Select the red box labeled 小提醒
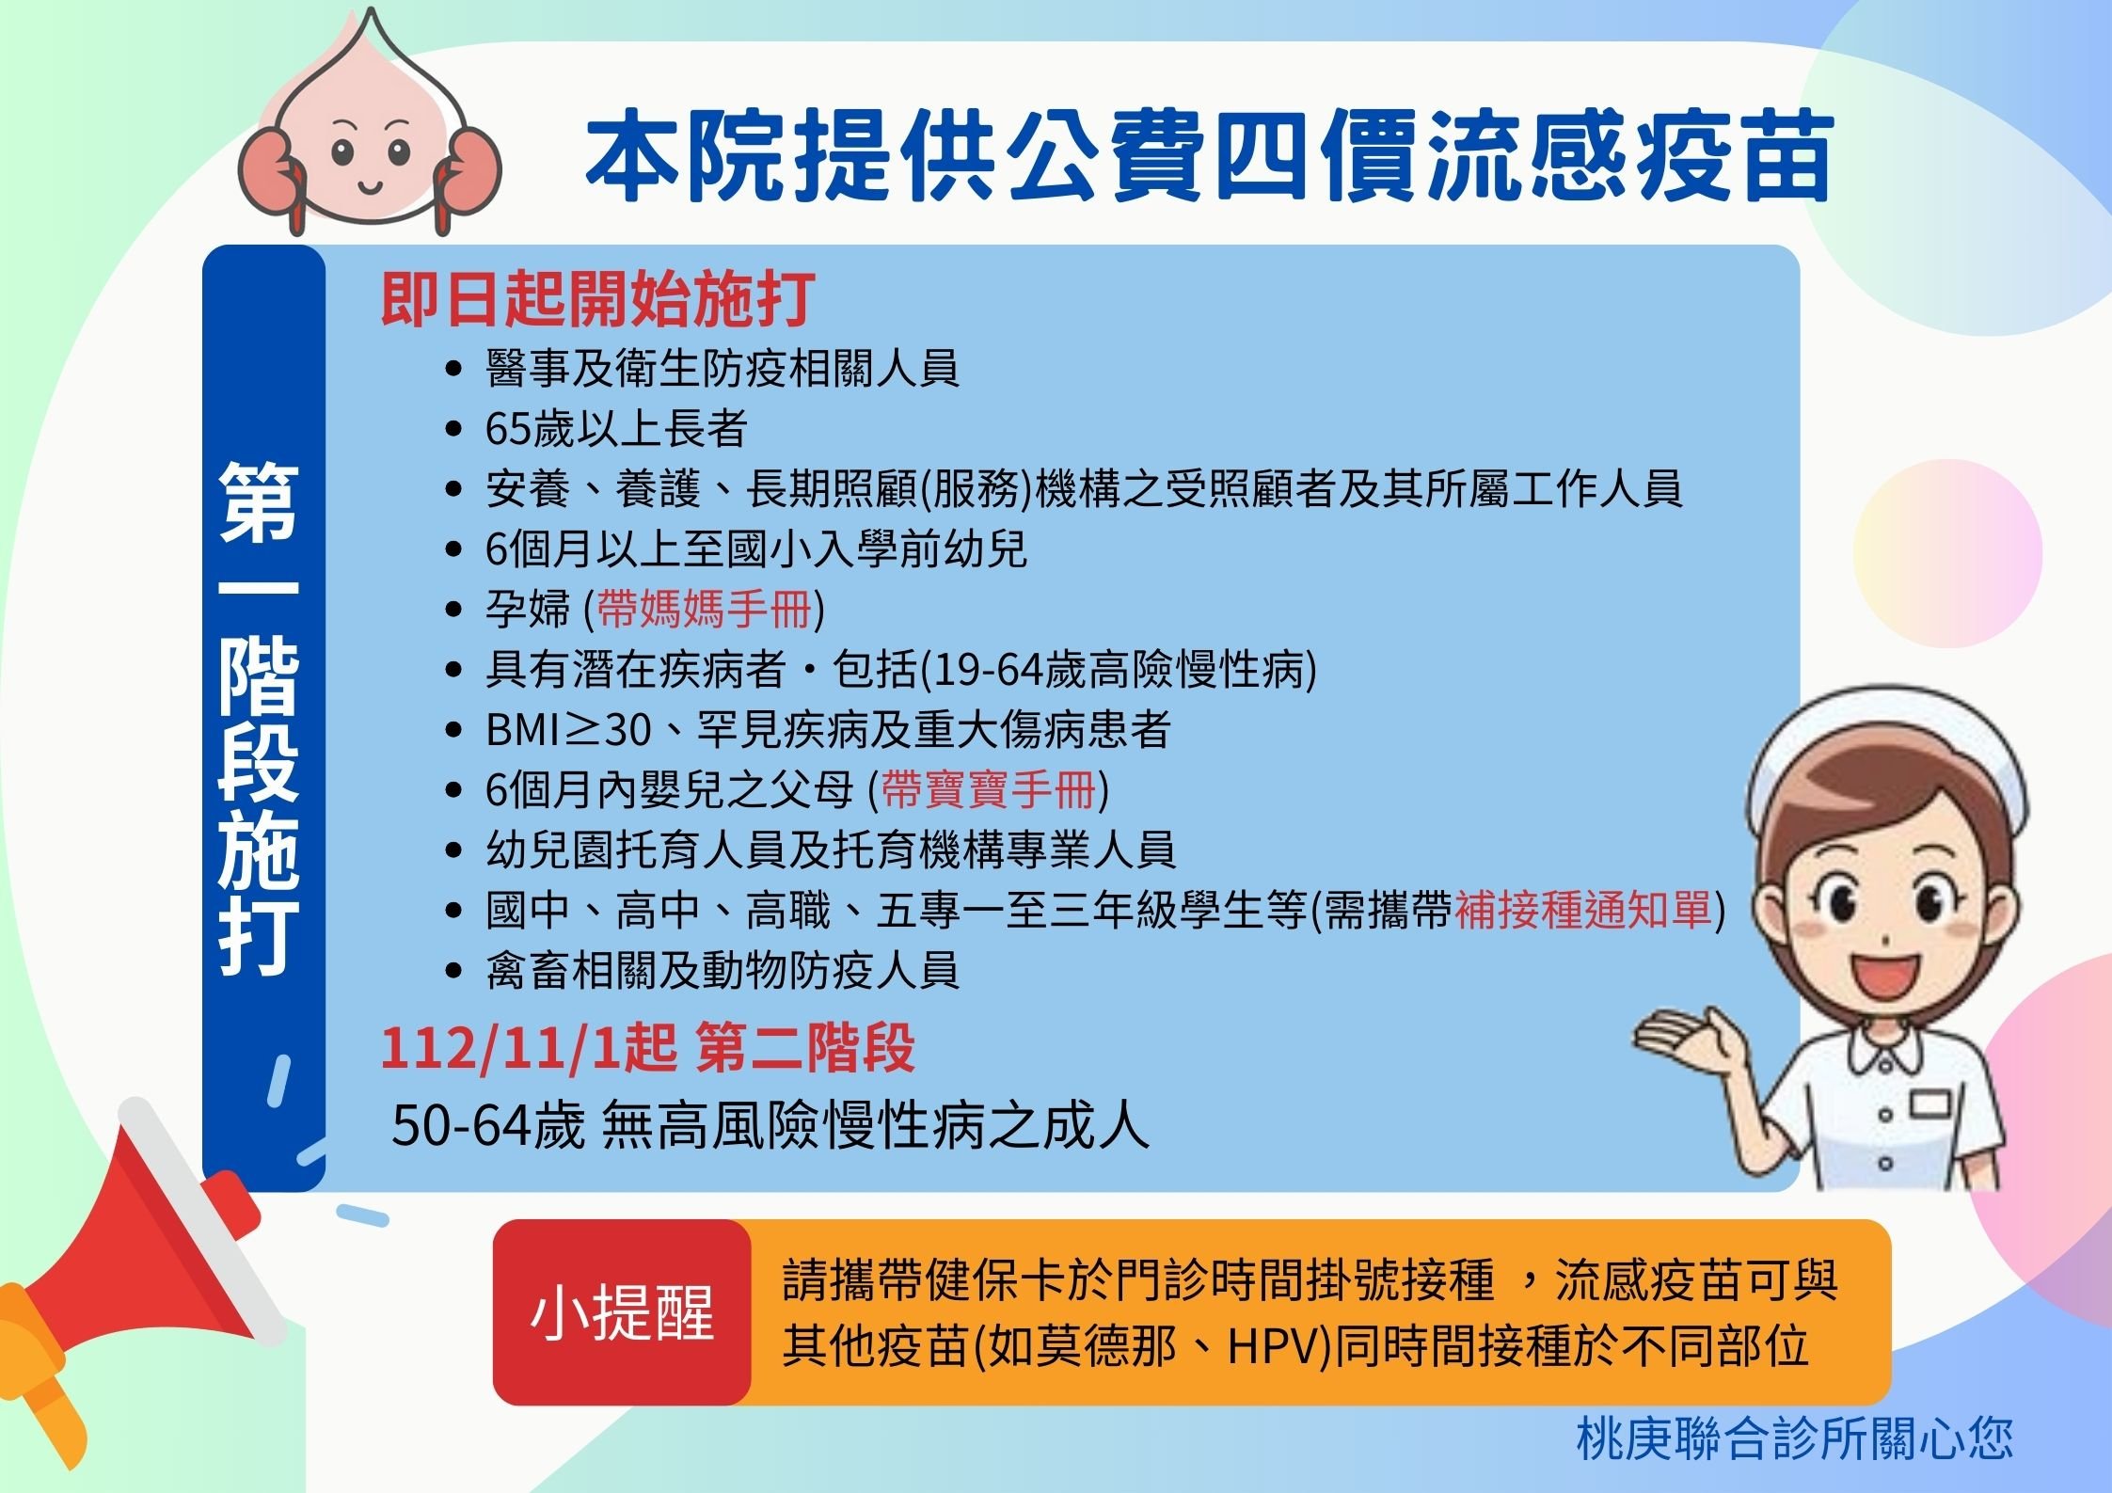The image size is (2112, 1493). click(x=622, y=1312)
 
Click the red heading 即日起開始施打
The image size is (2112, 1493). click(x=596, y=299)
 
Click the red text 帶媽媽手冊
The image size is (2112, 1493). click(x=704, y=609)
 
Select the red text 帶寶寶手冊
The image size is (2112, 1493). click(x=989, y=789)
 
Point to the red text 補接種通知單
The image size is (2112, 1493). click(x=1583, y=910)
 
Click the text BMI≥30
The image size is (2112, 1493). click(x=568, y=729)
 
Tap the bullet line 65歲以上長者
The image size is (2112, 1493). click(x=616, y=429)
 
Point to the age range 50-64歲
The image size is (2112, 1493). click(x=488, y=1125)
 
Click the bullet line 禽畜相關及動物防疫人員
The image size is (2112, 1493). click(x=723, y=970)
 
